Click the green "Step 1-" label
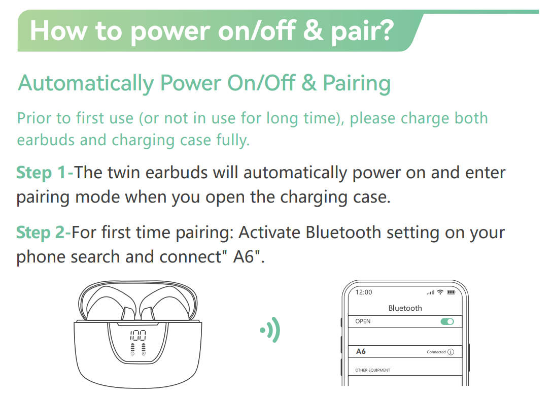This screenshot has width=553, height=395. [45, 173]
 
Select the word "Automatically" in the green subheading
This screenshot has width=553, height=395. [86, 84]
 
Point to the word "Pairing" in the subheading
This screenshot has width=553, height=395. [357, 84]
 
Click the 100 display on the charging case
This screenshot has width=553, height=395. [138, 335]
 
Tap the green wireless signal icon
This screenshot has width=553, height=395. [270, 330]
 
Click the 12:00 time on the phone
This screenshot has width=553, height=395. [364, 292]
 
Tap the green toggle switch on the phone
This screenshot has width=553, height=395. [447, 321]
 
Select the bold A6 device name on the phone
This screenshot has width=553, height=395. [361, 351]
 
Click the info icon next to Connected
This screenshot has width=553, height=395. [451, 352]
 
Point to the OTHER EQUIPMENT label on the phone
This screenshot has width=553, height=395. [372, 370]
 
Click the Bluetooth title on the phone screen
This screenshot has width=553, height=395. [405, 308]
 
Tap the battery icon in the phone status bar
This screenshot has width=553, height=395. [451, 292]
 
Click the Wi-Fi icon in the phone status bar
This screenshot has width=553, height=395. [440, 292]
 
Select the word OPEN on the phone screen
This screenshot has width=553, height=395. [363, 321]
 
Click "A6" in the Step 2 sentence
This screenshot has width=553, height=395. [244, 256]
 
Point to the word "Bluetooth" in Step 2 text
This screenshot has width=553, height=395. [343, 233]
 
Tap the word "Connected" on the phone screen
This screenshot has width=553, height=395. [436, 352]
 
